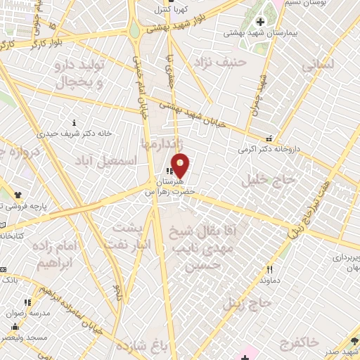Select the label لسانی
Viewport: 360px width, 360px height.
[x=318, y=65]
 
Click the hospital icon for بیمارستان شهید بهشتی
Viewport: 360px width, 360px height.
[x=261, y=22]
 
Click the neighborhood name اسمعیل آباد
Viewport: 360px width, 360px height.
[x=98, y=161]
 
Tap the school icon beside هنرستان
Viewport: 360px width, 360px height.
[x=168, y=170]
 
